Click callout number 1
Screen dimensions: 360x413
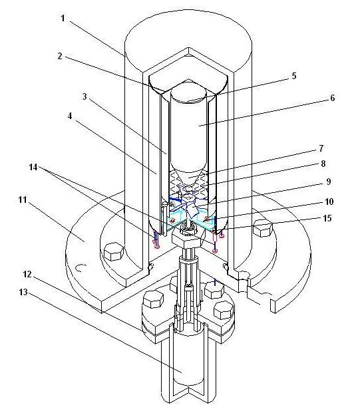pos(63,19)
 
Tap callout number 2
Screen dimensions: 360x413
pos(60,56)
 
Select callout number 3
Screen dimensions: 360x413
pos(85,96)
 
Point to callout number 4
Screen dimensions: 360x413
pos(70,116)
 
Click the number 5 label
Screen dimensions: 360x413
pos(294,76)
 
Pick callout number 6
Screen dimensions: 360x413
pos(332,98)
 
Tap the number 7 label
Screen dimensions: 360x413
pos(321,148)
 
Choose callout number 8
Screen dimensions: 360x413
pos(323,164)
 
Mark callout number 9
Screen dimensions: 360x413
pos(328,182)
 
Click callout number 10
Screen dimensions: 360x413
pos(329,202)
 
